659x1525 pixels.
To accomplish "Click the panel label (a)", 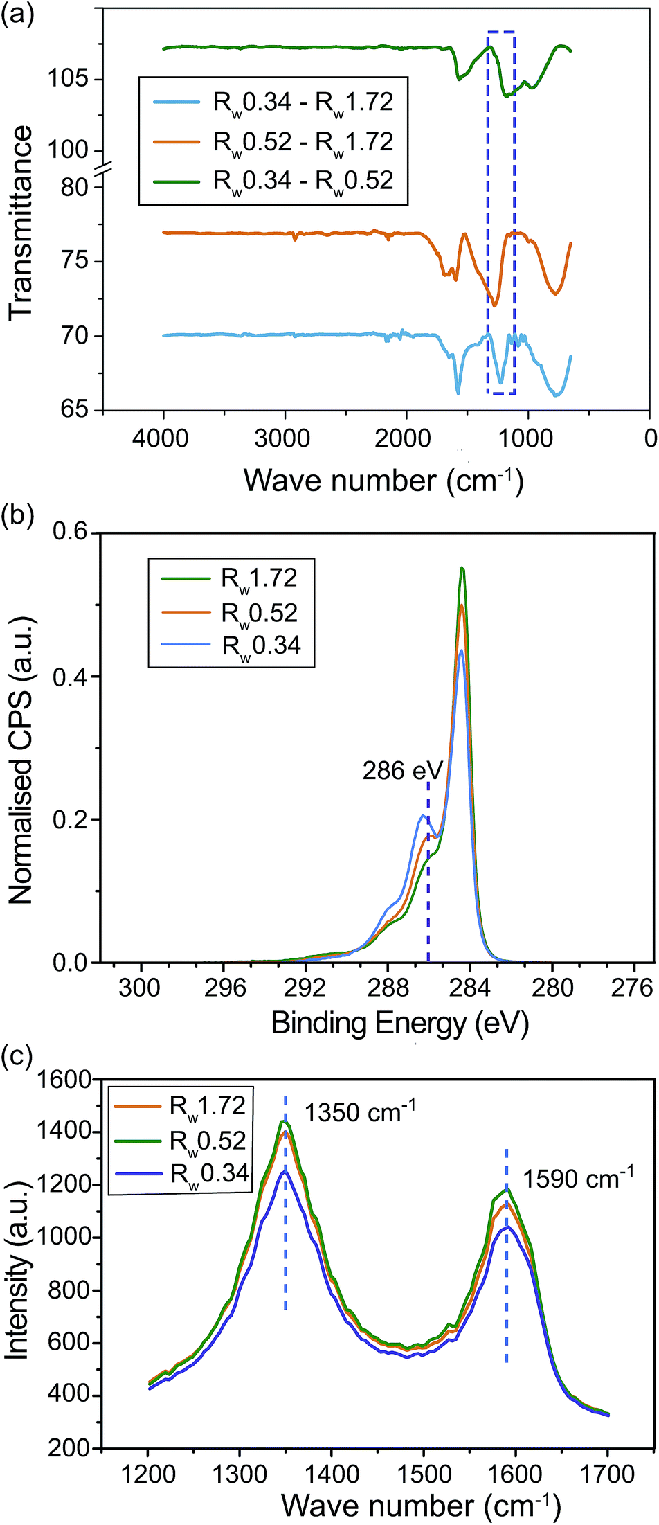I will (x=17, y=15).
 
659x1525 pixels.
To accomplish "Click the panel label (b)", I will (x=17, y=516).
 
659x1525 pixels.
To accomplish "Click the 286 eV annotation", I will (x=402, y=770).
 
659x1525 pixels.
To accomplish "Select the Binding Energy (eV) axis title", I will (x=399, y=1022).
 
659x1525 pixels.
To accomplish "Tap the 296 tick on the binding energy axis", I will (x=225, y=987).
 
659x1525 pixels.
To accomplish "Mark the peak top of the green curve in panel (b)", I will (x=462, y=569).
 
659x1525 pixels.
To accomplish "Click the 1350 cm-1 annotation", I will (x=361, y=1112).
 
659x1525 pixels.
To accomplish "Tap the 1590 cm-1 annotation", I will (x=578, y=1178).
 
